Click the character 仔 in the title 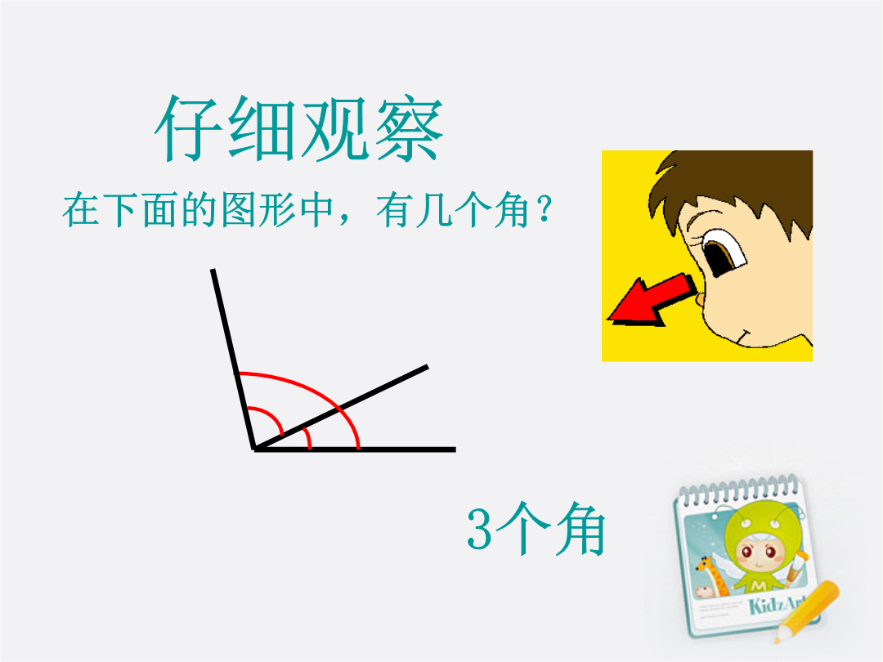pos(189,129)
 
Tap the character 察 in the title pos(410,129)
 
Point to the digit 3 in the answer pos(480,529)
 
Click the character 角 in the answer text pos(580,529)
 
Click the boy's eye pos(723,253)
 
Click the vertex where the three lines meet pos(254,449)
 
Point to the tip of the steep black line pos(213,270)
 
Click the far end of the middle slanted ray pos(428,367)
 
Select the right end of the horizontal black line pos(455,450)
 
